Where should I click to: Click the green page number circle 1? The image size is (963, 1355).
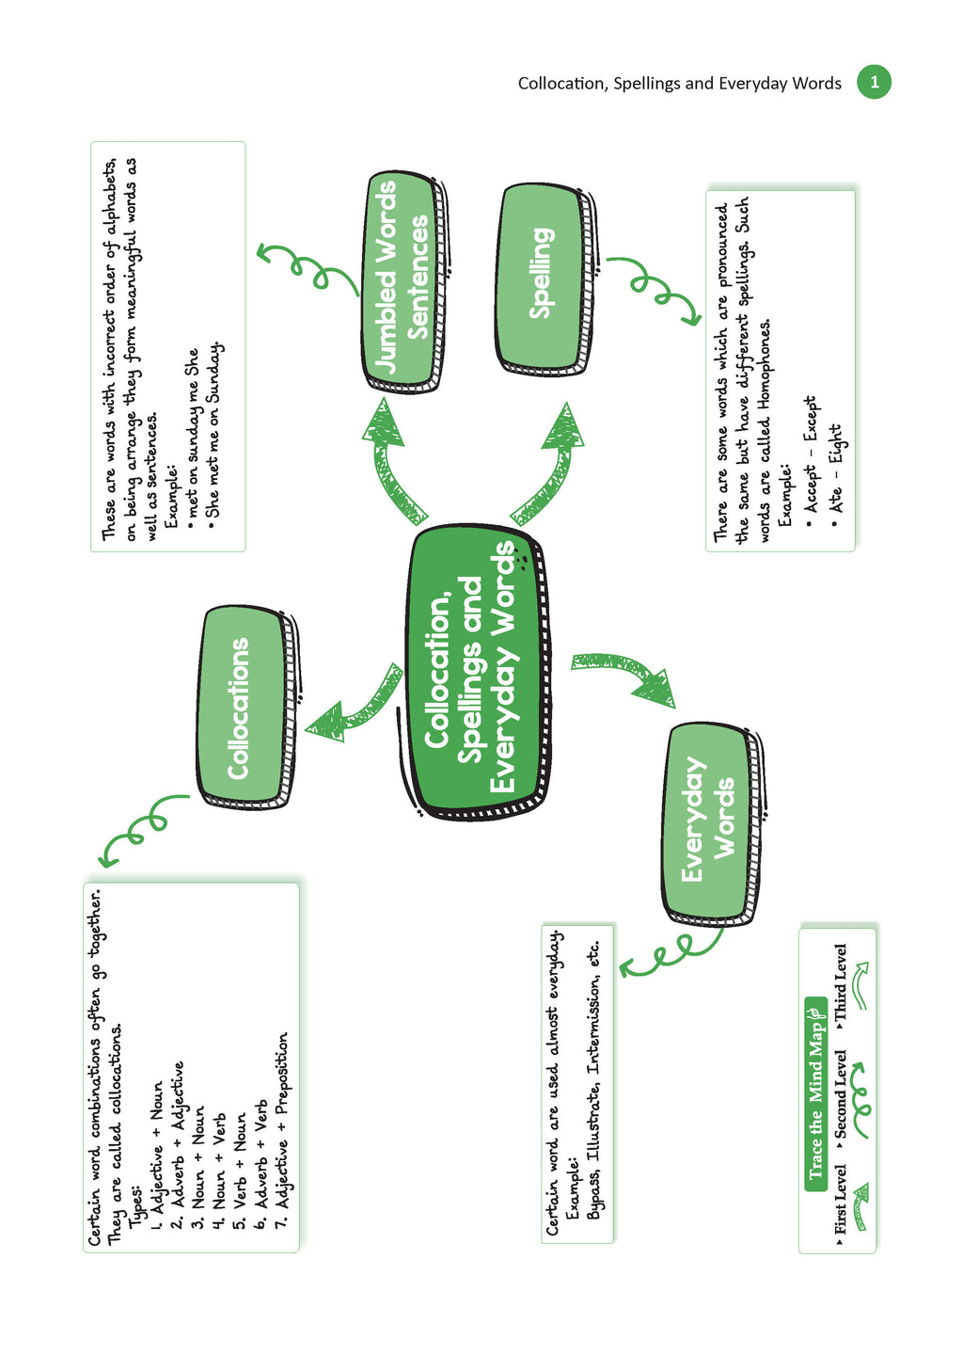pyautogui.click(x=874, y=82)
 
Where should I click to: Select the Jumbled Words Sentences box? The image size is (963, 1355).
pyautogui.click(x=402, y=277)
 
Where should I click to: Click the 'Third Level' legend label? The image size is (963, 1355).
pyautogui.click(x=841, y=983)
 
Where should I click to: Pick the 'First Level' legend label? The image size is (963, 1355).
pyautogui.click(x=841, y=1200)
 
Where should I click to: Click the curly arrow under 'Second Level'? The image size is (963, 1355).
pyautogui.click(x=860, y=1092)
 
